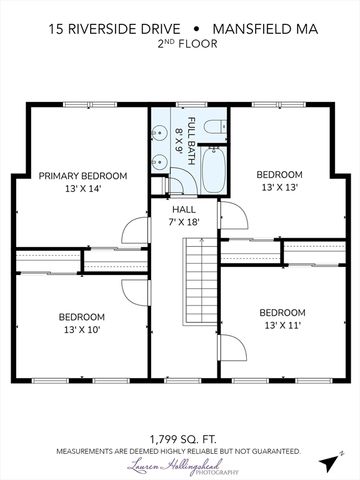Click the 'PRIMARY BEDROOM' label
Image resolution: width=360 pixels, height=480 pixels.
pos(83,176)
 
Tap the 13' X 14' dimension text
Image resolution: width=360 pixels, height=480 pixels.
pos(83,188)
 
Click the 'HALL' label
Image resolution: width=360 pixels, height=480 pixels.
pos(184,209)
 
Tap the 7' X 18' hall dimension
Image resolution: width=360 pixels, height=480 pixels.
pos(184,221)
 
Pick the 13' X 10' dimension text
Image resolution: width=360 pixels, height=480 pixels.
pos(83,329)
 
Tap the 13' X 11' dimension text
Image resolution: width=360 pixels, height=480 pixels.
pos(282,325)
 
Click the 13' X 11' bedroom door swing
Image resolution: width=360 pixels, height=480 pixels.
pos(231,350)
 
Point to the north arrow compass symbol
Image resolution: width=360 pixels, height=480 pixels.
pos(330,461)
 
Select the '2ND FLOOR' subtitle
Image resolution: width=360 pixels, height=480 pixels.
pos(179,45)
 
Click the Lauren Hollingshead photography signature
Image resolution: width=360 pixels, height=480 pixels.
pos(179,467)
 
